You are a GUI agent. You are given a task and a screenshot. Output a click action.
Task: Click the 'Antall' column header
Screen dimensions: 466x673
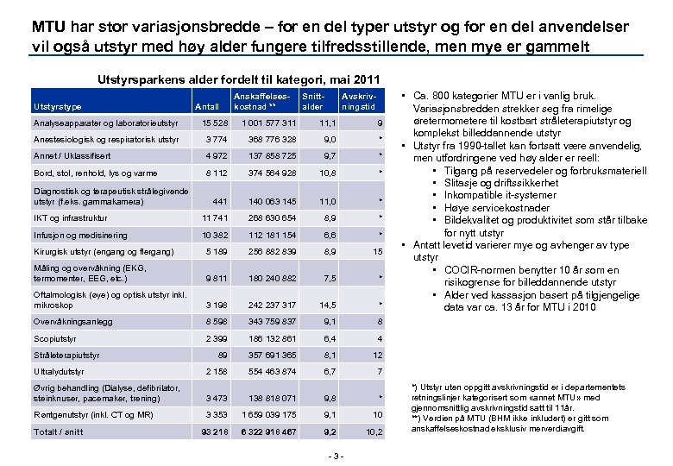click(208, 107)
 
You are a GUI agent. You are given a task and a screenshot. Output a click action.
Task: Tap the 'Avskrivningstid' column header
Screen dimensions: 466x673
click(356, 101)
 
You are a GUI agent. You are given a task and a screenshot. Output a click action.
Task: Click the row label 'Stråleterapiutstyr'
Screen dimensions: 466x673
click(62, 354)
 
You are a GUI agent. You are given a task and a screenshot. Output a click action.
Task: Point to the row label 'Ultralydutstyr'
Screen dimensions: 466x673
click(58, 371)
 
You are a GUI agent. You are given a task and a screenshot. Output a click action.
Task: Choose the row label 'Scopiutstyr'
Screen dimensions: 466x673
click(54, 337)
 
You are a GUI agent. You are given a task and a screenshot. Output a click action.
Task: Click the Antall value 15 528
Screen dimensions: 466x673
click(212, 123)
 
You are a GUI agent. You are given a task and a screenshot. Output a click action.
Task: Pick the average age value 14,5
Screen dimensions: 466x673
click(325, 305)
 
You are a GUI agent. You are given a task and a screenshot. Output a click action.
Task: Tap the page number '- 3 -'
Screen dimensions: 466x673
click(338, 456)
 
